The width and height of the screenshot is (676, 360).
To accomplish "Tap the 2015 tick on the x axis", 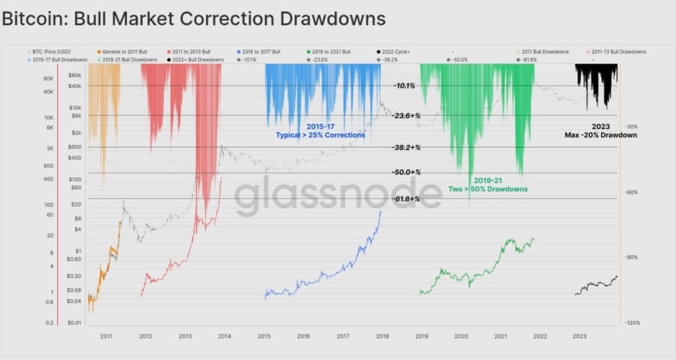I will click(264, 337).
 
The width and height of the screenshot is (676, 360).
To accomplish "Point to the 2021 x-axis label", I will click(501, 337).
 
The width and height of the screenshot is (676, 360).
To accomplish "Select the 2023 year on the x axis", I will click(579, 337).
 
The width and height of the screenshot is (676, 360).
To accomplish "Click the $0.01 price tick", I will click(76, 323).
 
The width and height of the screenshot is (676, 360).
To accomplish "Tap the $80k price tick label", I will click(76, 74).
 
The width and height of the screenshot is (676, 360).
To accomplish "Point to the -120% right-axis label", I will click(633, 323).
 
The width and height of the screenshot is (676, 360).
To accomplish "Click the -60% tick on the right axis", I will click(630, 192).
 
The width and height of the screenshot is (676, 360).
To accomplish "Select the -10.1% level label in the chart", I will click(404, 85).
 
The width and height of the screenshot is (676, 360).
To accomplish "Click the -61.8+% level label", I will click(406, 199).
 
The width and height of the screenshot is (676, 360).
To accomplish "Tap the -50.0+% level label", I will click(406, 172).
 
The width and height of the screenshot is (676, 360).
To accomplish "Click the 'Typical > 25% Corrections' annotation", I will click(321, 134).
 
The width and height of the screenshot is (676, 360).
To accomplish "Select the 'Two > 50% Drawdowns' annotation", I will click(488, 189).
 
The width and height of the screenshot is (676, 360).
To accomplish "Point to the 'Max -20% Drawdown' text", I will click(600, 134).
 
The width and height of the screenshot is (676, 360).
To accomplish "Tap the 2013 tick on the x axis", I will click(185, 337).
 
